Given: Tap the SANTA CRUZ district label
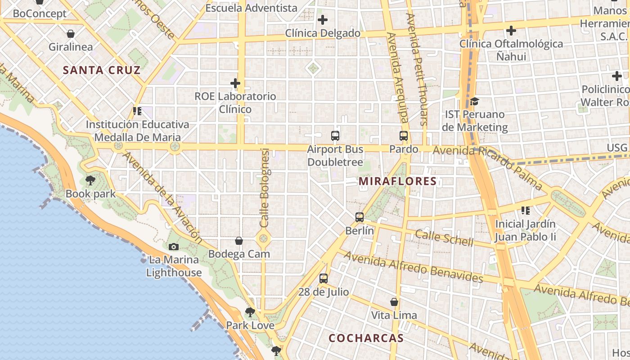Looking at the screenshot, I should point(102,70).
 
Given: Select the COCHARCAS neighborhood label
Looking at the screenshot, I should point(366,338).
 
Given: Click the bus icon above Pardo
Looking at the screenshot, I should point(404,136).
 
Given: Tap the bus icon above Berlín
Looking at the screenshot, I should point(360,217).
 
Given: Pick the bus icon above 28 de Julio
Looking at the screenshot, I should point(324,279).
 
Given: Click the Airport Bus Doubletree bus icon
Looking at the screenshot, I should point(335,136).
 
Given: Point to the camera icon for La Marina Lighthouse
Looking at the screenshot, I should point(174,247).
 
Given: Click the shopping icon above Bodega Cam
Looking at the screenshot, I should point(239,241).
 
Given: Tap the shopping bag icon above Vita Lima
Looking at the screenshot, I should point(394,302).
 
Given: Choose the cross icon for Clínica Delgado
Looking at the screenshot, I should point(323,20).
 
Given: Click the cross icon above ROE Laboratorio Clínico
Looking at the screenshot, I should point(235,83).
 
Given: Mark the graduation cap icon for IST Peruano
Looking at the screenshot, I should point(474,101).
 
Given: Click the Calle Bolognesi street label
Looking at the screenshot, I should point(265,188).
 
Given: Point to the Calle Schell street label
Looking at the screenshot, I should point(444,238).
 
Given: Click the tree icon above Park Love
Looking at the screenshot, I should point(250,312).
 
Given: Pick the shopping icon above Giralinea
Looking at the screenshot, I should point(71,34).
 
